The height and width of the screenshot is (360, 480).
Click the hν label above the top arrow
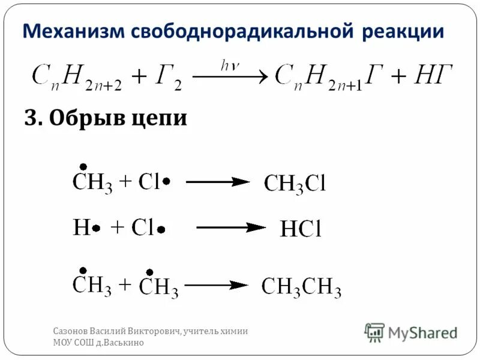click(230, 66)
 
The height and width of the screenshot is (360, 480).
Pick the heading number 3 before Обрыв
click(31, 118)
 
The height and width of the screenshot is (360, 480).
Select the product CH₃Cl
click(295, 183)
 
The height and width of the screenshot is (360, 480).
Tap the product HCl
click(301, 229)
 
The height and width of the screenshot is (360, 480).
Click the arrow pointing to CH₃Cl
click(217, 181)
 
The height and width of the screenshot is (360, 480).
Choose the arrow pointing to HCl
click(231, 227)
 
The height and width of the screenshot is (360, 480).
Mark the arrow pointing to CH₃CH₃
click(216, 286)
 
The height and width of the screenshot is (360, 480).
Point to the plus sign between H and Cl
click(118, 227)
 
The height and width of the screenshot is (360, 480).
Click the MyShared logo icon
click(375, 332)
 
